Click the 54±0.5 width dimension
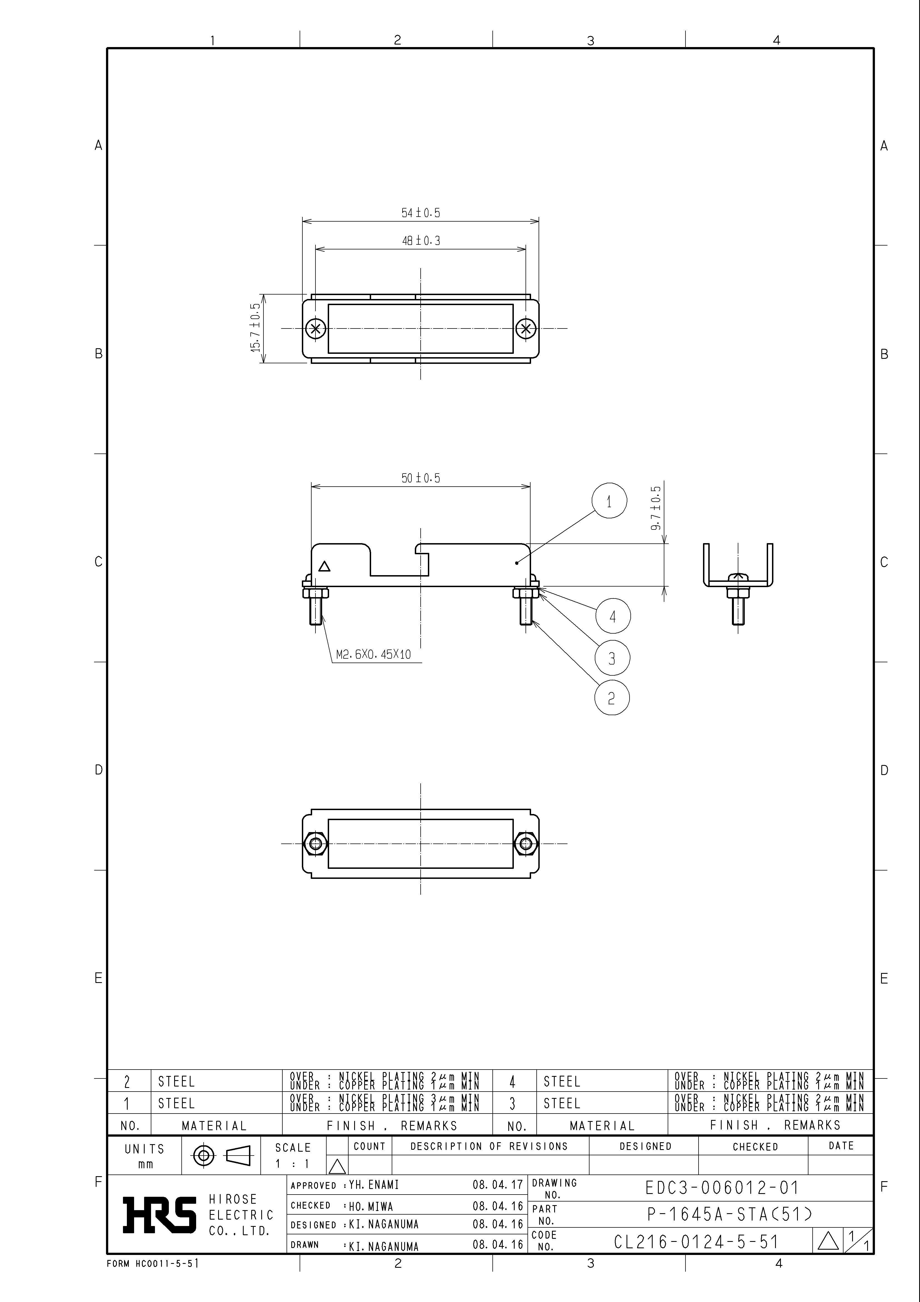(x=421, y=213)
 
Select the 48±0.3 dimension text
(x=421, y=241)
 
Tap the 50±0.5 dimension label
(x=421, y=478)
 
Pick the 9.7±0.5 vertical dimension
(x=657, y=508)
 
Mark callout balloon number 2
(x=612, y=698)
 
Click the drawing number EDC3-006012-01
(x=722, y=1188)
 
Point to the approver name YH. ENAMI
(x=374, y=1185)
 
